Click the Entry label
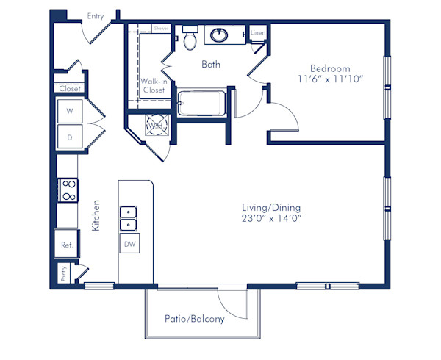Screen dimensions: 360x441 96,15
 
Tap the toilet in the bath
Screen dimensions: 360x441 190,38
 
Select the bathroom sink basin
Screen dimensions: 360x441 219,34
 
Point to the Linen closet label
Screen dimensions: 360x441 257,33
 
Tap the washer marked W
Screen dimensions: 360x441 70,112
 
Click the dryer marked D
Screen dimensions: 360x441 70,137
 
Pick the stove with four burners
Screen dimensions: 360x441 68,191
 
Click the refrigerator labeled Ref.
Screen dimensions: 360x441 66,245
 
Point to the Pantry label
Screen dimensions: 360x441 65,274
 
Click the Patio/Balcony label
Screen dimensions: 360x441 196,319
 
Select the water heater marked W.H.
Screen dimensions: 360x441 155,126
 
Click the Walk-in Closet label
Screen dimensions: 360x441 154,85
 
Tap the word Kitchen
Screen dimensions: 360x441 96,216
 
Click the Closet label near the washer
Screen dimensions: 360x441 70,89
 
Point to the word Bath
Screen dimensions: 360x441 212,64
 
